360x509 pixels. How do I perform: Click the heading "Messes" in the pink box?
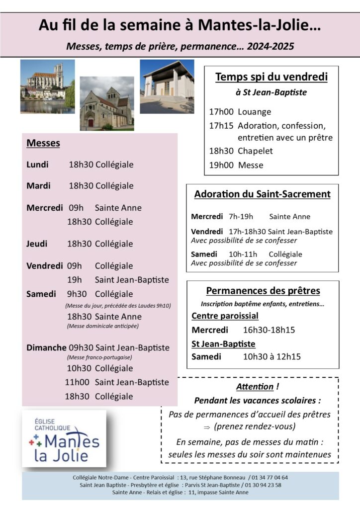43,143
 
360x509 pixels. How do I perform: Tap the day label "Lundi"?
37,165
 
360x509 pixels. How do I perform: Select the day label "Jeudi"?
37,244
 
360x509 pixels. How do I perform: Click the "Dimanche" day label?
46,347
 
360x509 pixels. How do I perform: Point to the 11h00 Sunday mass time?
77,382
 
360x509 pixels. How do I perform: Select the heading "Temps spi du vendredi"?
271,77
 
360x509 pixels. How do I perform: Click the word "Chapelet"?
255,151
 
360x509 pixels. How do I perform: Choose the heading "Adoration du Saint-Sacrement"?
262,194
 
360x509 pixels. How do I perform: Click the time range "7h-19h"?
241,217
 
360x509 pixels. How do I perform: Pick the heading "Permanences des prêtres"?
263,291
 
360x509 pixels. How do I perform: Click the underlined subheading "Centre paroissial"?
225,316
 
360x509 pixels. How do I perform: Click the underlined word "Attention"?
255,387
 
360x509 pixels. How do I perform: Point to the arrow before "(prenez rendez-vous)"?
207,426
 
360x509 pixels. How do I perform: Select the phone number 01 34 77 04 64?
271,478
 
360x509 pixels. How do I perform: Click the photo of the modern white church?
167,86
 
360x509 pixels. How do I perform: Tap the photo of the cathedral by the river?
47,86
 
